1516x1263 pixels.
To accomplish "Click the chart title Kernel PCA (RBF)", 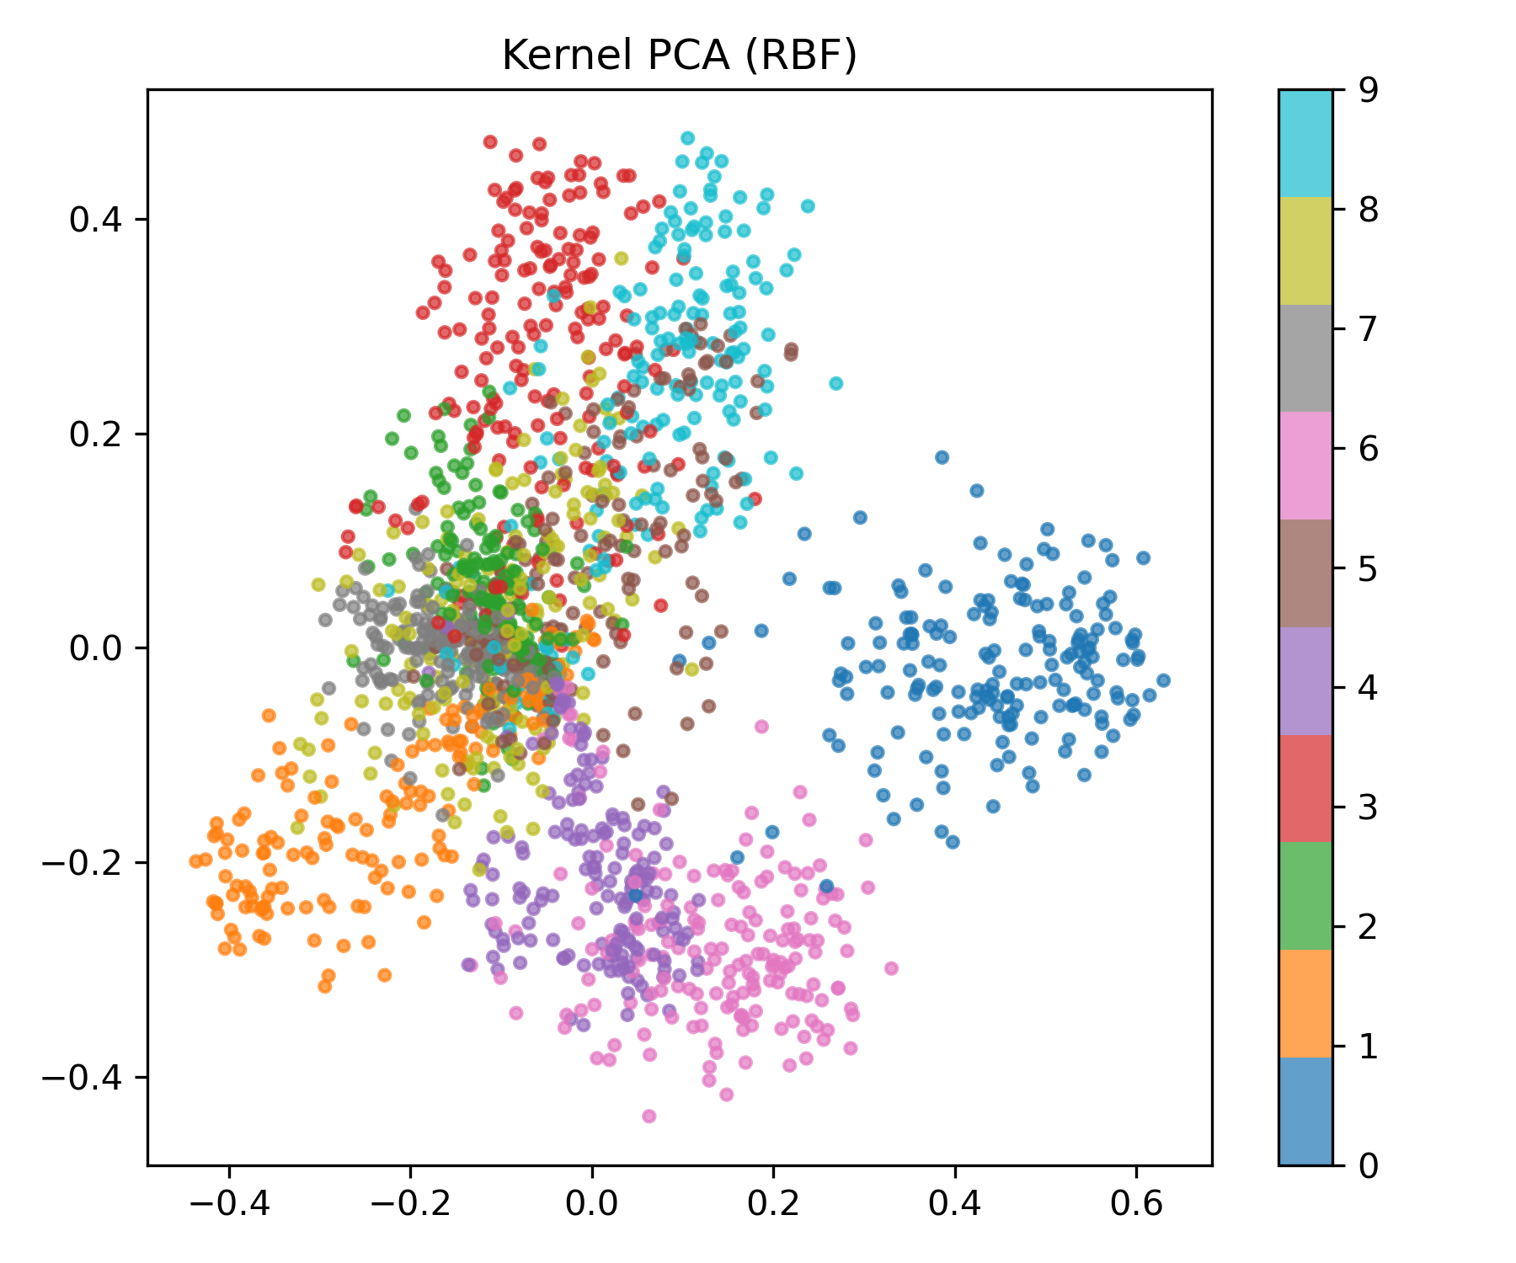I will (679, 56).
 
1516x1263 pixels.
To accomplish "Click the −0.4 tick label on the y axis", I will (88, 1077).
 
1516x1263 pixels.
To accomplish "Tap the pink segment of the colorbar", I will (1305, 466).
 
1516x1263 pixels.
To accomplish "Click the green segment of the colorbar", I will (1305, 896).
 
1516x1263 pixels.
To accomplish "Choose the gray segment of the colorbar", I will (1305, 358).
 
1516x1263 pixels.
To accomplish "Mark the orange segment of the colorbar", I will (1305, 1003).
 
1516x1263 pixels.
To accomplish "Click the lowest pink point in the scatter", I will (649, 1116).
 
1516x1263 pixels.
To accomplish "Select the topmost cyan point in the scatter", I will (687, 138).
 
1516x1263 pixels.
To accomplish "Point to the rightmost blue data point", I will (1163, 679).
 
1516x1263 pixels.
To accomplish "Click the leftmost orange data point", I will (195, 861).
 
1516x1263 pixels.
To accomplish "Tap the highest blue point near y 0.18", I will (942, 457).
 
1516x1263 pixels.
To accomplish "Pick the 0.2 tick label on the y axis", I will (94, 434).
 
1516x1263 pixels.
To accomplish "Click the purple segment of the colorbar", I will (1305, 680).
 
